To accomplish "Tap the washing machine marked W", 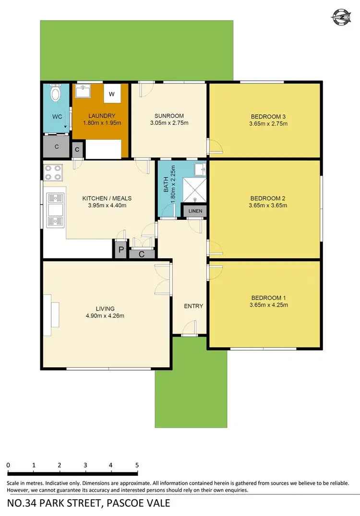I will [111, 95].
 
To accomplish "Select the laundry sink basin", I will [84, 92].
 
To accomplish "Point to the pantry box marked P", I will [120, 250].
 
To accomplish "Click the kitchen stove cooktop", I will [53, 172].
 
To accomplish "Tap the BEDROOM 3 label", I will [268, 116].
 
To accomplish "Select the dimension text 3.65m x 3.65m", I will [268, 205].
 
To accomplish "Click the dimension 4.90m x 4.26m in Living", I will [105, 316].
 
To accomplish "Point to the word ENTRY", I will [193, 306].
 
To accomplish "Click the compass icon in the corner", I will [341, 18].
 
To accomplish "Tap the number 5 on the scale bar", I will [137, 465].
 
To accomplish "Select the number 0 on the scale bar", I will [9, 465].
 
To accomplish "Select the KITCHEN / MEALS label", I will [107, 198].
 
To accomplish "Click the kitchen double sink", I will [56, 209].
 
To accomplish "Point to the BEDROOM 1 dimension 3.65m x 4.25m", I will [268, 304].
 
